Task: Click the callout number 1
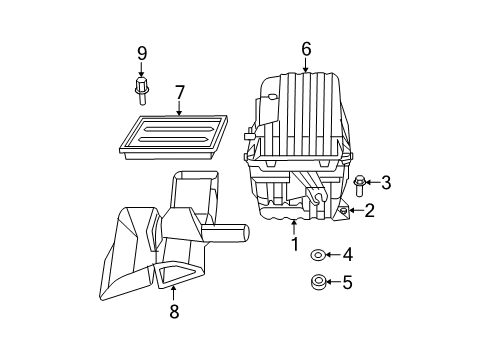point(294,243)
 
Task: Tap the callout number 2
point(369,210)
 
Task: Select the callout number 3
point(385,182)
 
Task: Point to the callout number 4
point(347,255)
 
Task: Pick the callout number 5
point(347,283)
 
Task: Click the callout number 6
point(306,48)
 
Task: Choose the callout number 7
point(179,93)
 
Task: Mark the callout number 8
point(173,311)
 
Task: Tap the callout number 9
point(141,53)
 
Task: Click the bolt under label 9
point(141,91)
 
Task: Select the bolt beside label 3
point(359,183)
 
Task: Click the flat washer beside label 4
point(317,256)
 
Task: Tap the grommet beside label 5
point(317,283)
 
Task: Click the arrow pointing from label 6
point(306,65)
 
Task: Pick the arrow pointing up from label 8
point(173,293)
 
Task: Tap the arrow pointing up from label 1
point(294,226)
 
